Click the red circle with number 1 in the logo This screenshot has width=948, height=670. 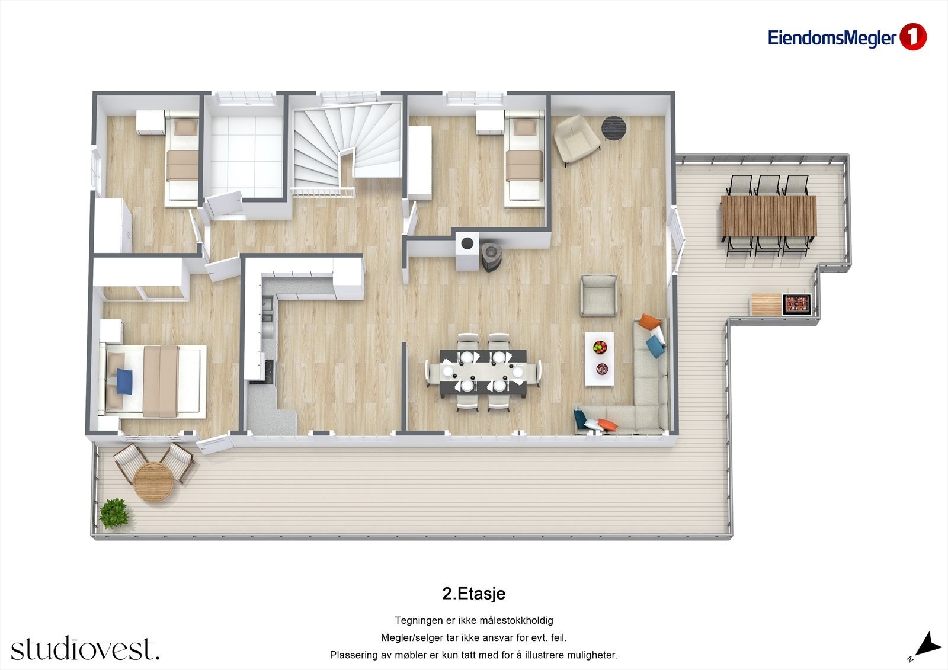[912, 37]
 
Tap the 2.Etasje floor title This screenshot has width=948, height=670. [473, 593]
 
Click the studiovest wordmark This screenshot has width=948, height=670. [85, 649]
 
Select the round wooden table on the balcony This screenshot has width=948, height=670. [153, 482]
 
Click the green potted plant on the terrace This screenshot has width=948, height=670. [114, 513]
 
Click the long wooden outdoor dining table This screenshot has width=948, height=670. [768, 216]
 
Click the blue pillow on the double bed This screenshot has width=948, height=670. [124, 381]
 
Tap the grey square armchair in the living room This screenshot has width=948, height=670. [599, 295]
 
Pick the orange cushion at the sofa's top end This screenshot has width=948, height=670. [650, 323]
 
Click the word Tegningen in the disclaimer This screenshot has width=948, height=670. [418, 620]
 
